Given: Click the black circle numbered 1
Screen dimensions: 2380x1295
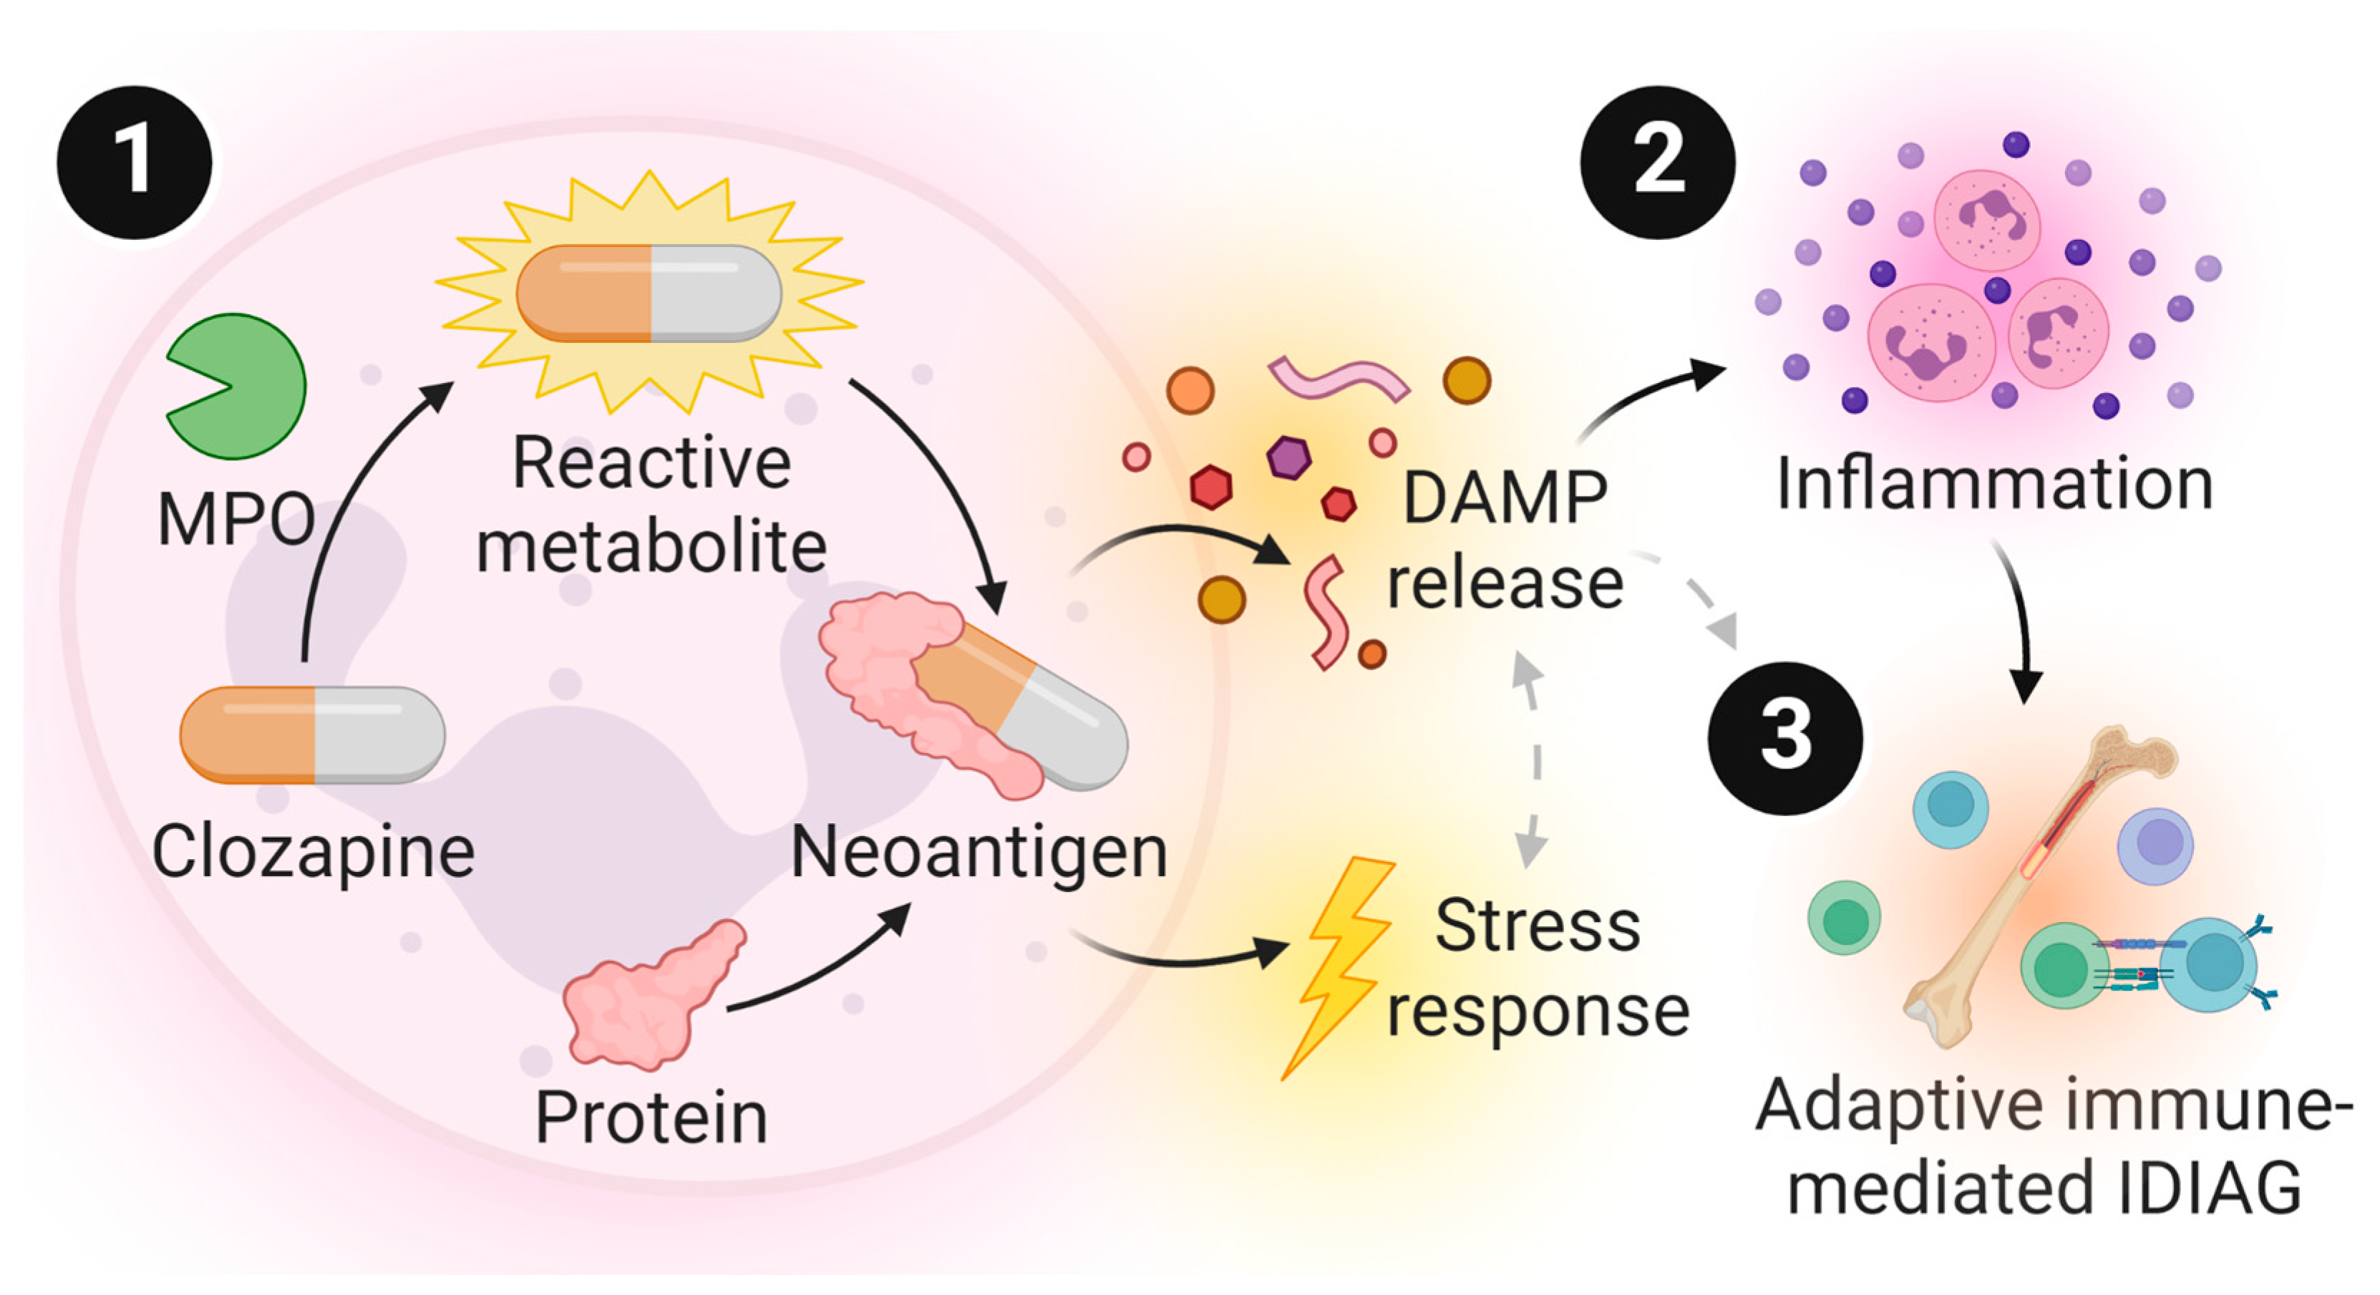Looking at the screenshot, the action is (x=135, y=163).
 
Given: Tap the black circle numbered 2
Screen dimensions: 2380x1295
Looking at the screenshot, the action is (x=1658, y=163).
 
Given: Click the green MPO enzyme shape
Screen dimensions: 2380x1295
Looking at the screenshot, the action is (x=236, y=387).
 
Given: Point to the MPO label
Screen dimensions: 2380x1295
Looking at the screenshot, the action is (x=236, y=520).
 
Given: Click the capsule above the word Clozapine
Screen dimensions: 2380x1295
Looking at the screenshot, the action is (x=312, y=735).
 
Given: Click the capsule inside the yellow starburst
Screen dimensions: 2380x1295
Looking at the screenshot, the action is (x=649, y=293).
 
